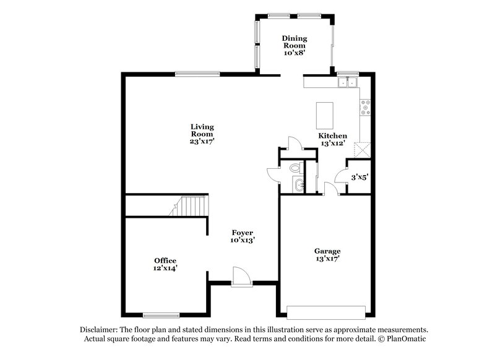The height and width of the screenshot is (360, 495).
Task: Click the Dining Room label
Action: click(x=295, y=41)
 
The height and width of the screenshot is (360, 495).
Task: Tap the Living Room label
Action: click(x=202, y=130)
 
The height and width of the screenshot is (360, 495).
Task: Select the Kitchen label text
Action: click(x=332, y=135)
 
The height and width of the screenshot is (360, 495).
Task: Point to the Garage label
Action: click(x=327, y=251)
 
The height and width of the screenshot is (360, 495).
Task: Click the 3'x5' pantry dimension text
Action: click(x=359, y=178)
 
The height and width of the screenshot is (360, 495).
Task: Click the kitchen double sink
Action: click(x=348, y=82)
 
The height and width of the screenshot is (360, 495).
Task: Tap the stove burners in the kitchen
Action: click(x=366, y=108)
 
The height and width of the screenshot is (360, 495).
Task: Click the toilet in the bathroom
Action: click(x=295, y=167)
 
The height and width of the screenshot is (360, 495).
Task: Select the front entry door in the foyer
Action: click(x=241, y=276)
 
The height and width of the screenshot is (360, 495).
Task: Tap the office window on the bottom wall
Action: click(x=161, y=314)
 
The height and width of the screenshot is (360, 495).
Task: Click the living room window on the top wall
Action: click(x=197, y=74)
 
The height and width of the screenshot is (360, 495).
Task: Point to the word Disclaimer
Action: click(x=98, y=330)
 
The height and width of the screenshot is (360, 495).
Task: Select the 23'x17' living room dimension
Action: click(x=202, y=141)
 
